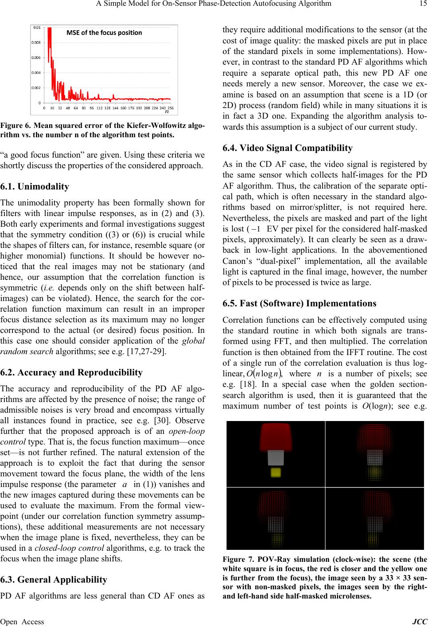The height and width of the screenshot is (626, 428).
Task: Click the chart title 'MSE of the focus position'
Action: point(104,32)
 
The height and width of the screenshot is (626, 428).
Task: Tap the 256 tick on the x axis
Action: point(171,108)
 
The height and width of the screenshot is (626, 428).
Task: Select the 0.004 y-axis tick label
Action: point(37,73)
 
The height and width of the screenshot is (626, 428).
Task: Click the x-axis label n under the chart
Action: point(167,112)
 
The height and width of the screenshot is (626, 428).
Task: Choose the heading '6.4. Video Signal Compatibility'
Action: point(288,148)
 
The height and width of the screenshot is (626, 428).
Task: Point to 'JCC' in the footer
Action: point(420,622)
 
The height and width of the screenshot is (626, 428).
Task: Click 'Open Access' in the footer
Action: point(22,622)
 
